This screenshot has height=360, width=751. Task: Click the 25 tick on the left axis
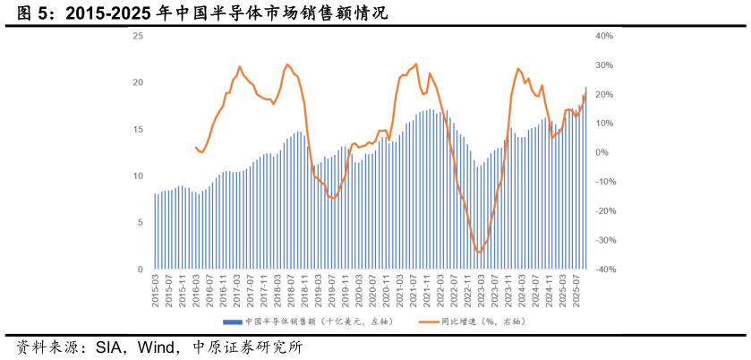click(x=138, y=36)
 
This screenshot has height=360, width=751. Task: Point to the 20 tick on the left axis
click(x=138, y=82)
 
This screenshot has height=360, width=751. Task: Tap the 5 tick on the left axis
click(x=140, y=223)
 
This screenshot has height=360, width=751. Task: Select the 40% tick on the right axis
click(x=603, y=36)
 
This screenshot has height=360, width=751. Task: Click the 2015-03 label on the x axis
click(x=156, y=292)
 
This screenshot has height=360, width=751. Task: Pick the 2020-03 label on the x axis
click(x=358, y=292)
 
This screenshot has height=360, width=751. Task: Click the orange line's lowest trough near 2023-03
click(x=479, y=253)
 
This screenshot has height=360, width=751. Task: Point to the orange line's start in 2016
click(x=196, y=148)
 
